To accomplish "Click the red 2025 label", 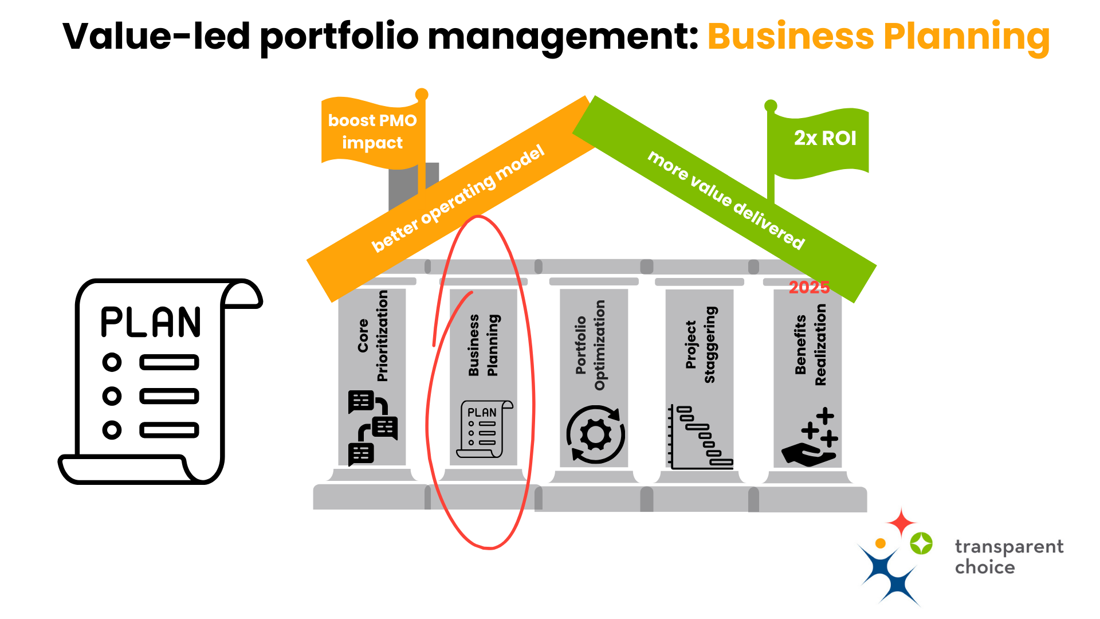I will coord(809,287).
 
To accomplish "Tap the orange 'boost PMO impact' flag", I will coord(372,132).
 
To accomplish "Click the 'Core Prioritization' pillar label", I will coord(372,336).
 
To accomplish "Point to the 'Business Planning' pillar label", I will coord(483,345).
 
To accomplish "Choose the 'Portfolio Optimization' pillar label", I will coord(590,345).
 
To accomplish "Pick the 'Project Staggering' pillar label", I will coord(700,344).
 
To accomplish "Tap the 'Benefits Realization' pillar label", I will coord(810,345).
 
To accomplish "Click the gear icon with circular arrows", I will coord(595,434).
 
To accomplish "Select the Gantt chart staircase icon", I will coord(701,437).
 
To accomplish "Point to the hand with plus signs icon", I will coord(810,438).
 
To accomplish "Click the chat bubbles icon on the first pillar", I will coord(372,428).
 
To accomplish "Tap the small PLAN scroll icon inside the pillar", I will coord(484,429).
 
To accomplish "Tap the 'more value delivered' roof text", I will coord(726,199).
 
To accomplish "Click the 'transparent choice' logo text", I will coord(1008,557).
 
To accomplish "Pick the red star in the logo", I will coord(901,522).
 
